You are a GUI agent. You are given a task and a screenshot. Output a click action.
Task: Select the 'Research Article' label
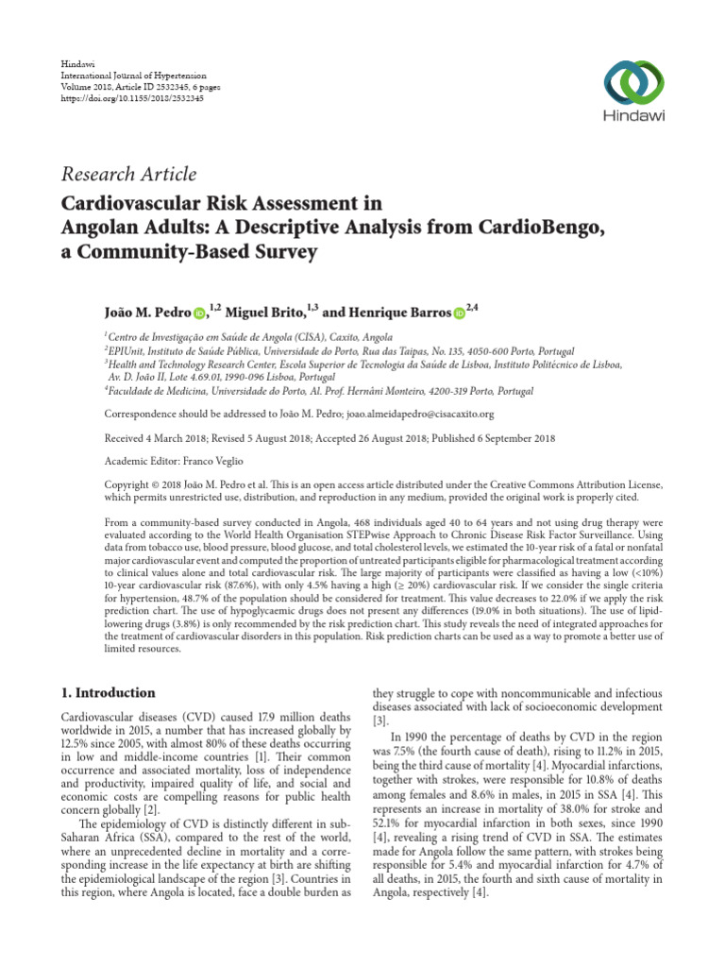pos(128,174)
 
